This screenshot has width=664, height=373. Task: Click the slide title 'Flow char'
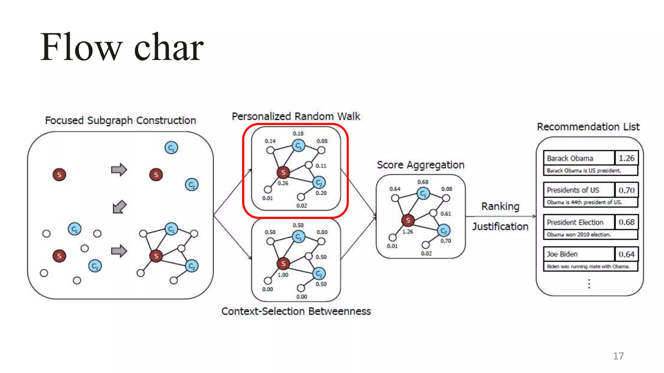click(122, 47)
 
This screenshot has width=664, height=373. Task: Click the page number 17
click(618, 356)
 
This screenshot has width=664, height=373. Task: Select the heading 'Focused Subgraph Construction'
click(120, 120)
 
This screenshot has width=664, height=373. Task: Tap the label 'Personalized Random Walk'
click(296, 116)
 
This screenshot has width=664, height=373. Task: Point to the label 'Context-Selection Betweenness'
click(296, 311)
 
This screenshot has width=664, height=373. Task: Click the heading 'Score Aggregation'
click(420, 165)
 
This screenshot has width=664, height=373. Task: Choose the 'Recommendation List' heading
click(588, 127)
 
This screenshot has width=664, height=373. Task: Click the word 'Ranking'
click(500, 206)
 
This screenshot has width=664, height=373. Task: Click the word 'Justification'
click(500, 226)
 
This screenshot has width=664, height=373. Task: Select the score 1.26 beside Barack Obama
click(626, 158)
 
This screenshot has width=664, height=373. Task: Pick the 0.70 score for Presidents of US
click(626, 190)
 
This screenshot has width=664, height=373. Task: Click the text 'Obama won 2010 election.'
click(579, 234)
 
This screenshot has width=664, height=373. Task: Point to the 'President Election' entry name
click(575, 222)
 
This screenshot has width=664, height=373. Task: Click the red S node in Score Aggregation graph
click(408, 220)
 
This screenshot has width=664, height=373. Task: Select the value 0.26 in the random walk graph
click(283, 183)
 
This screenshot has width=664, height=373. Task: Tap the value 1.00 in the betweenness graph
click(283, 275)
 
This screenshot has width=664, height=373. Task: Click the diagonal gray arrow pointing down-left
click(119, 207)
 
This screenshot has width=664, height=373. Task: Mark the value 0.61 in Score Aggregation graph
click(445, 214)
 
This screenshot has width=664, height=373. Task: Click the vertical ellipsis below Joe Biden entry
click(589, 284)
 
